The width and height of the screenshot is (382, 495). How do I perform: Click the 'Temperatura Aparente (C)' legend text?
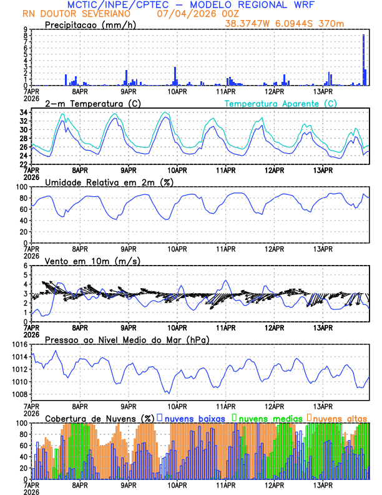(280, 103)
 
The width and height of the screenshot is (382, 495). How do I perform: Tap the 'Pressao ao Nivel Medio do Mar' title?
(127, 339)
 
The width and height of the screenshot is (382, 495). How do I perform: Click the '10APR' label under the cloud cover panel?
(177, 485)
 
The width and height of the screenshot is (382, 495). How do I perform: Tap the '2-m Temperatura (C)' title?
(87, 103)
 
